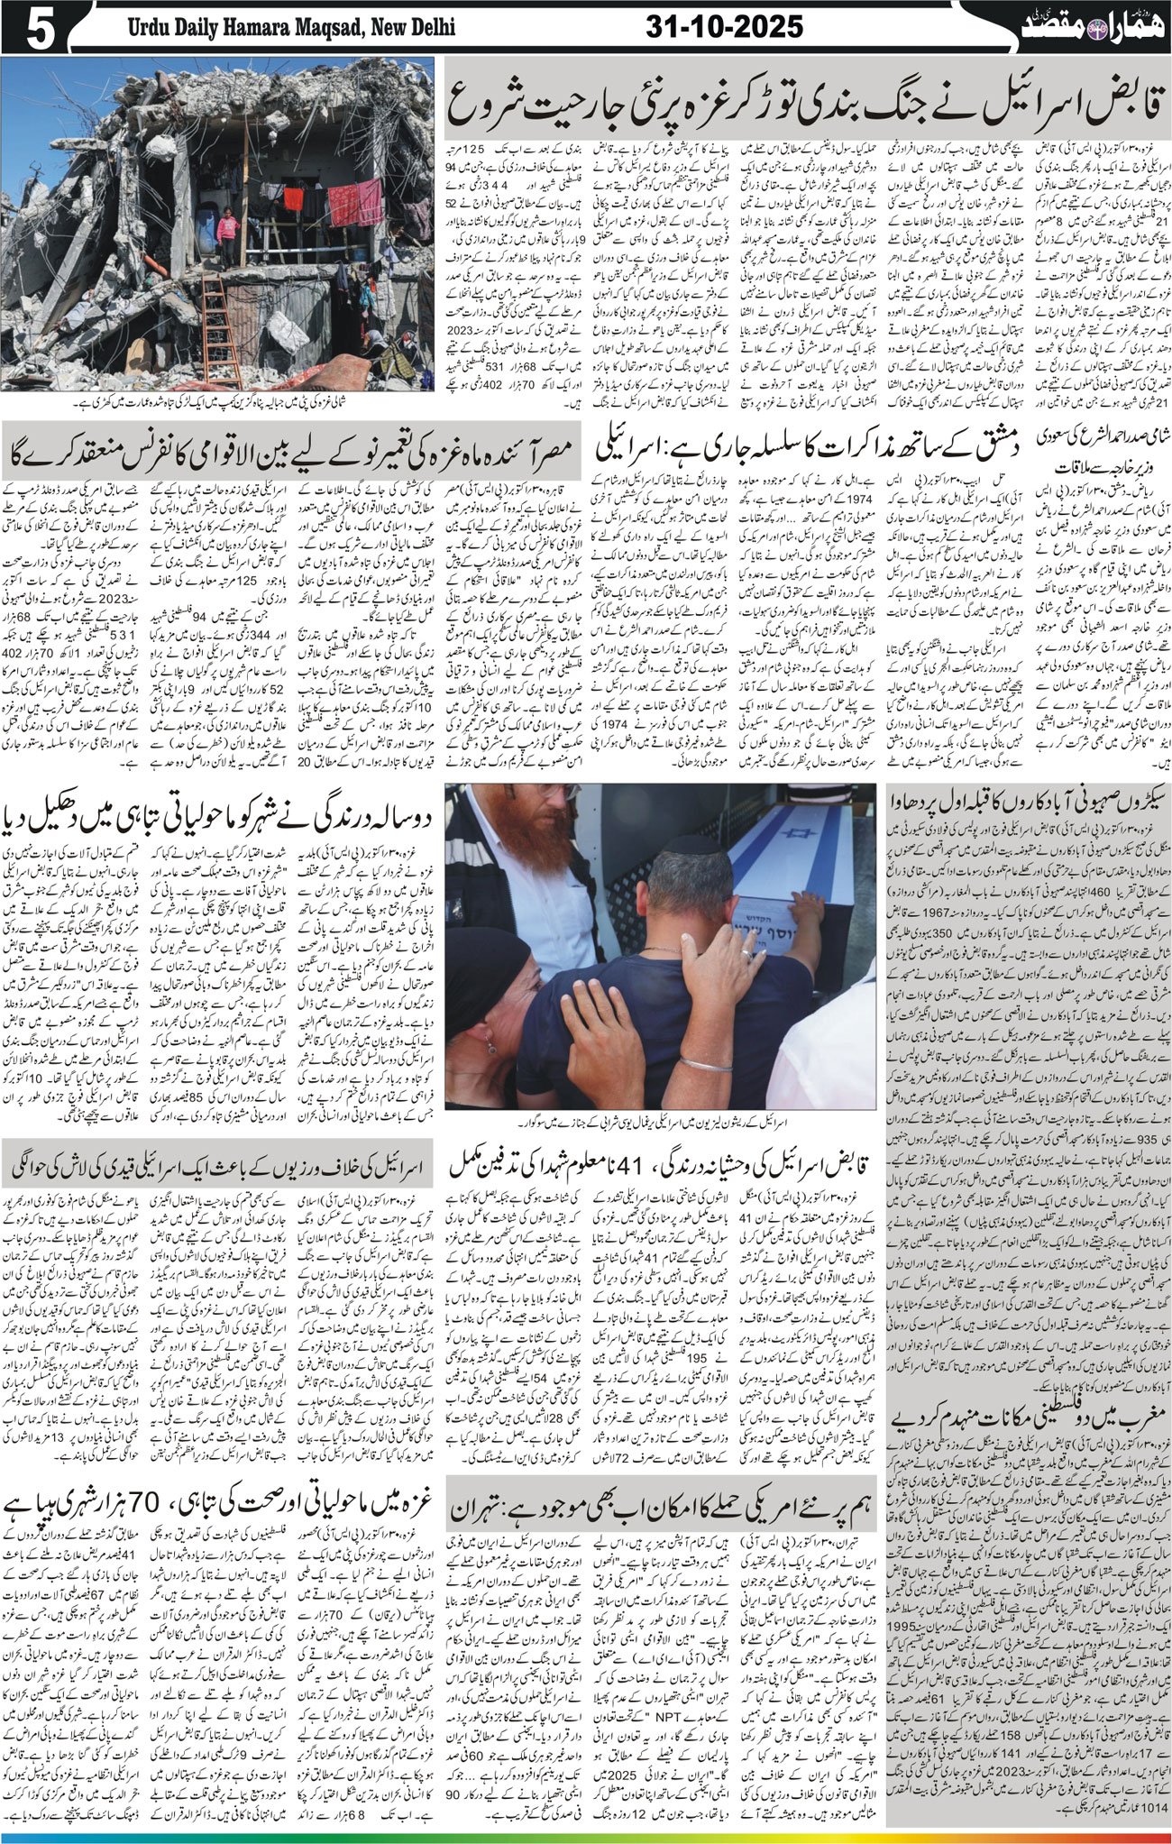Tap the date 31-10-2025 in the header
pyautogui.click(x=724, y=27)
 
